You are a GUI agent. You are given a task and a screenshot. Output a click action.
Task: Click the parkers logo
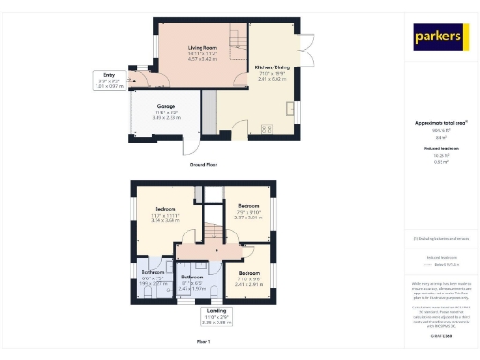[x=441, y=37]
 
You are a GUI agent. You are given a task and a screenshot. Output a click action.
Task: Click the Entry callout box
[x=109, y=81]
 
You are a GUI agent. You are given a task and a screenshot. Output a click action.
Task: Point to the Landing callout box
[x=216, y=314]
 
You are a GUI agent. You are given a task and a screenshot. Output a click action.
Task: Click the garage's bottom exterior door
[x=191, y=144]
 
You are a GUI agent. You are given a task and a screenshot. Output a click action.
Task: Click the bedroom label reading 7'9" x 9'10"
[x=248, y=212]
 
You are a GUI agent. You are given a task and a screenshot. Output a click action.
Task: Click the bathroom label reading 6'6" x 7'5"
[x=153, y=279]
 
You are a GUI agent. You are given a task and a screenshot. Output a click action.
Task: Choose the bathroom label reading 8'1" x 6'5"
[x=193, y=282]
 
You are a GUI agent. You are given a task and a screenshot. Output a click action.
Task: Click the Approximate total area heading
[x=440, y=123]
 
